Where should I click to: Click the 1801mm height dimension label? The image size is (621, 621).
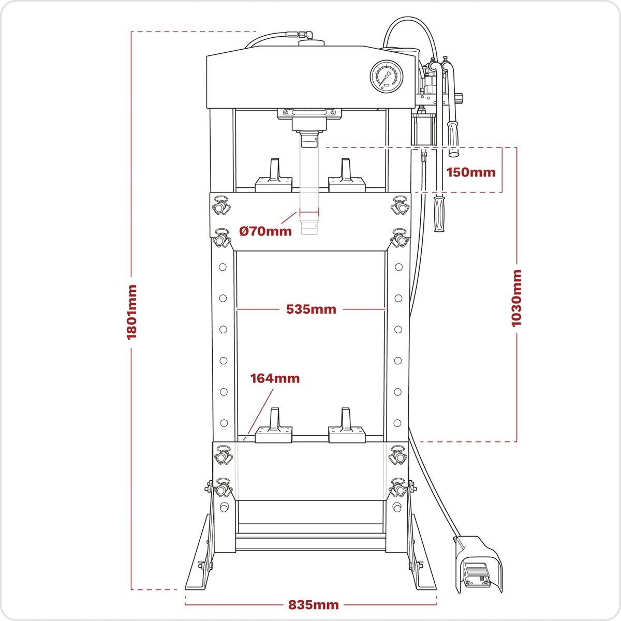131,312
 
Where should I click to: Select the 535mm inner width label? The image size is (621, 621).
311,309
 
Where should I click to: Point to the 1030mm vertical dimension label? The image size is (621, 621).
516,298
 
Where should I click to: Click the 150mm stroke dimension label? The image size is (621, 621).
470,172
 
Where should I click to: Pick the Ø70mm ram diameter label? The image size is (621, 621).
265,231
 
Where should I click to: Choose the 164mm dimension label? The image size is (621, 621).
275,378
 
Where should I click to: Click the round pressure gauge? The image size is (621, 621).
386,77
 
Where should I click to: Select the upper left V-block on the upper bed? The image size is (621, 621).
274,177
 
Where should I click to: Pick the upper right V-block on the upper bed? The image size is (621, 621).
347,177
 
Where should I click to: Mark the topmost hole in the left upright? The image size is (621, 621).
223,267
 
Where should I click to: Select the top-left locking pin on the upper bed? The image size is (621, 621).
222,206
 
